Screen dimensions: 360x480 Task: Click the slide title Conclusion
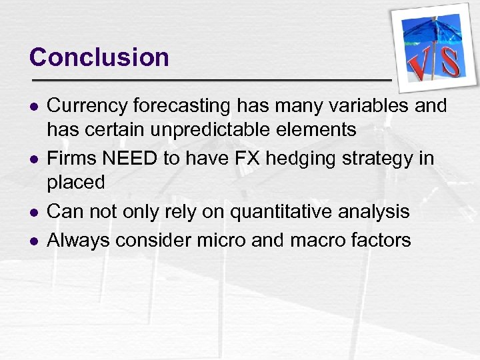coord(99,57)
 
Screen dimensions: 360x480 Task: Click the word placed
coord(77,182)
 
